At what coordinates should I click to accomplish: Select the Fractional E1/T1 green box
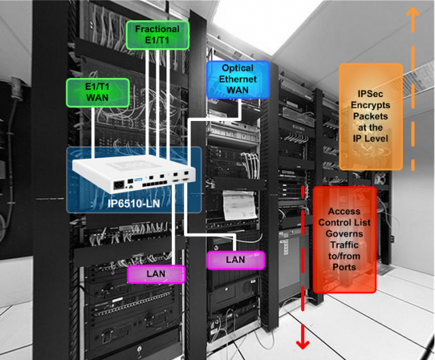[x=157, y=35]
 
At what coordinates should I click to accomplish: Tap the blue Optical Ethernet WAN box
[x=237, y=79]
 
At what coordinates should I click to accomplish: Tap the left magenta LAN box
[x=156, y=274]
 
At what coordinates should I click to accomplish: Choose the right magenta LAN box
[x=235, y=259]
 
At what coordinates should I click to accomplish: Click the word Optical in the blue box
[x=237, y=69]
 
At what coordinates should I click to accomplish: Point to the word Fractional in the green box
[x=157, y=29]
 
